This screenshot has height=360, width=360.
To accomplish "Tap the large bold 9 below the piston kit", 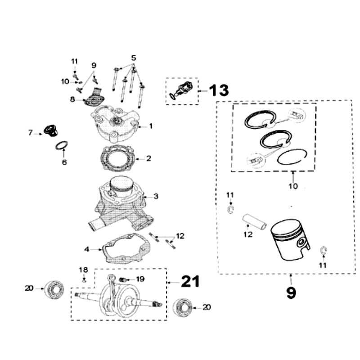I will [291, 292].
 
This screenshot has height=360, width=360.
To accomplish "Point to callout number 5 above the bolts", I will [133, 58].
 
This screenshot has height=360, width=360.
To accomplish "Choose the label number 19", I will [140, 279].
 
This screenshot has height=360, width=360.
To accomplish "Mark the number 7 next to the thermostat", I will [31, 133].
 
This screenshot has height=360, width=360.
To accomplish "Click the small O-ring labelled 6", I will [62, 146].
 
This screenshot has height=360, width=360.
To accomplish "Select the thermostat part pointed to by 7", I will [50, 130].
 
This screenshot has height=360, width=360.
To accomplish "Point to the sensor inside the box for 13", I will [182, 90].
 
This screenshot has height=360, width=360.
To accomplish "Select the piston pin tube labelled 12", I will [254, 220].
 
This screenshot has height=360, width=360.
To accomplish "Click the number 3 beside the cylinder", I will [156, 196].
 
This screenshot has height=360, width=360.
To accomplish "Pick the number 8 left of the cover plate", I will [72, 99].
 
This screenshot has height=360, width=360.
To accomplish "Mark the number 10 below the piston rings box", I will [293, 186].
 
